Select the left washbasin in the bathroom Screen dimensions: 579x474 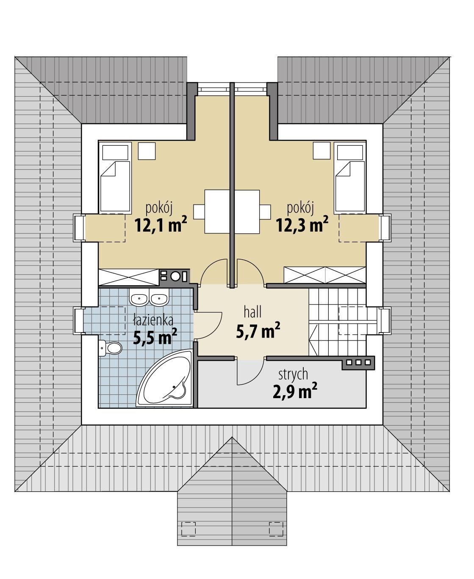click(x=139, y=299)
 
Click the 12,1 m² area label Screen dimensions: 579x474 click(x=161, y=224)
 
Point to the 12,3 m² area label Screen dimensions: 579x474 click(x=302, y=224)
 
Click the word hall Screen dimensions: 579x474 click(x=252, y=313)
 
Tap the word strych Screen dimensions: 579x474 click(x=293, y=374)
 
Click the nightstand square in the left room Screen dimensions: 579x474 click(x=147, y=152)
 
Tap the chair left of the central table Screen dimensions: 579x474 click(x=200, y=212)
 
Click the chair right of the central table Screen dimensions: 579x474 click(x=265, y=212)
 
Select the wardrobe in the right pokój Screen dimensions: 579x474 click(x=324, y=275)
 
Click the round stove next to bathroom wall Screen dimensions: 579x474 click(x=175, y=277)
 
